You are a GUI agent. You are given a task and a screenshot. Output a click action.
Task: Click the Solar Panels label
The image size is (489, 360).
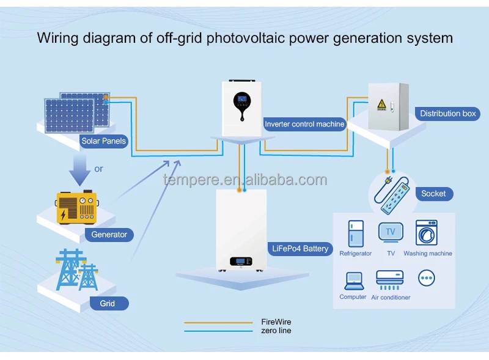tap(103, 141)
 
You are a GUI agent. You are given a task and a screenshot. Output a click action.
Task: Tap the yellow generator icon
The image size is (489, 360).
tap(77, 207)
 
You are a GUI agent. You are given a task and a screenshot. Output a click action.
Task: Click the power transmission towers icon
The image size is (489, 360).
tap(77, 270)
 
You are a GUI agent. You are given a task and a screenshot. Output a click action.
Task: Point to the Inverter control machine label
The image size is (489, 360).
tap(304, 124)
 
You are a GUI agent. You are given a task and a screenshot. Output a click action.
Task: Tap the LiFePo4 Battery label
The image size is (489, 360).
tap(300, 249)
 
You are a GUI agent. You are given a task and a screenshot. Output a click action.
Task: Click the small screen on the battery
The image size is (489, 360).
tap(241, 261)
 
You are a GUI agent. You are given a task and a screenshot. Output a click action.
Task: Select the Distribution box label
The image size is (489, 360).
tap(447, 114)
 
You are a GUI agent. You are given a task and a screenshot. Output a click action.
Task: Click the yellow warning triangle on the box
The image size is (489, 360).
tap(381, 104)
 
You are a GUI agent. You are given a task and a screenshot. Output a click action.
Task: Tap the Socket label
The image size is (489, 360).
tap(434, 194)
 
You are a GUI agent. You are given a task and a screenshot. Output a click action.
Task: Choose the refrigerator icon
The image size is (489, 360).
tap(356, 233)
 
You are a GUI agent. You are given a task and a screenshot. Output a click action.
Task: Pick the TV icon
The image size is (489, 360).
tap(391, 232)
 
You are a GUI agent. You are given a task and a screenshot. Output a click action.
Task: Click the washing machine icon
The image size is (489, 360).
tap(427, 233)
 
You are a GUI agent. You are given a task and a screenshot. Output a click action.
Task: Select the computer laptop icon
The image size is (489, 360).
tap(354, 281)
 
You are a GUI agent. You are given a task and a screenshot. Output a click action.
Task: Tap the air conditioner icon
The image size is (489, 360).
tap(390, 280)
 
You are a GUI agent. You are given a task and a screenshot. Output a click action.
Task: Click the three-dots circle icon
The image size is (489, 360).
tap(426, 278)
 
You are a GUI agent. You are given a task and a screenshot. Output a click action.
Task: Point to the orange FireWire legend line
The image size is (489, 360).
tap(218, 323)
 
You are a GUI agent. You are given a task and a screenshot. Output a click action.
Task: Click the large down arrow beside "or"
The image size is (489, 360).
tap(80, 170)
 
